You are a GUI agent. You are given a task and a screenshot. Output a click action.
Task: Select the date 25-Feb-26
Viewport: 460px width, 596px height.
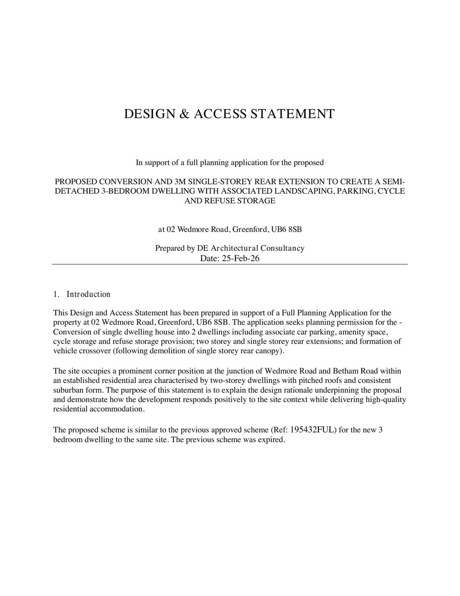(x=240, y=258)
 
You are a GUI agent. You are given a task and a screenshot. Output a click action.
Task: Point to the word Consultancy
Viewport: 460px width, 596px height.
(x=282, y=248)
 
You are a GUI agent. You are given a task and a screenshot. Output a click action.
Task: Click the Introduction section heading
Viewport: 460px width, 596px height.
(x=89, y=294)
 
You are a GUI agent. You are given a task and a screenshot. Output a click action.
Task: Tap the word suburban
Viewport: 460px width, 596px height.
(x=68, y=390)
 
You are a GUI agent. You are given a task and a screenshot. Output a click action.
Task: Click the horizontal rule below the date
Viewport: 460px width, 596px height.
(x=230, y=264)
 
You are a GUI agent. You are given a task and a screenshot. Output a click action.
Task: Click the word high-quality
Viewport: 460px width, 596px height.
(x=386, y=400)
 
